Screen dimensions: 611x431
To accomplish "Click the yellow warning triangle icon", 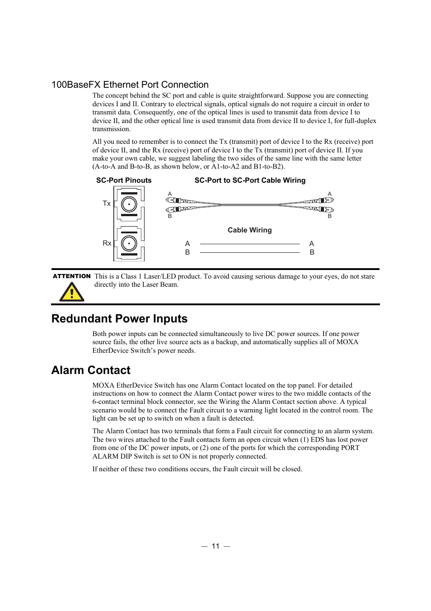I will click(72, 292).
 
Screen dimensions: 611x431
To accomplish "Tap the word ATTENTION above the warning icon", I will click(72, 276).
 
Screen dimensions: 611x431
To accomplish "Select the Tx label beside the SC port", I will click(107, 204).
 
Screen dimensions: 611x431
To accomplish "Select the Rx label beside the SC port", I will click(107, 243).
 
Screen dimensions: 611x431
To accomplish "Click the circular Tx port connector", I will click(129, 204).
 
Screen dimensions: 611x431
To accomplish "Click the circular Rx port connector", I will click(129, 243).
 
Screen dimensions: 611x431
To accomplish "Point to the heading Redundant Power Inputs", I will click(119, 319).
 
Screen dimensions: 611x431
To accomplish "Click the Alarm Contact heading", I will click(91, 370).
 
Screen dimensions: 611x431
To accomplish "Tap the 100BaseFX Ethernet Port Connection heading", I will click(130, 85).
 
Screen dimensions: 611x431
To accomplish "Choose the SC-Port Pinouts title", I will click(124, 180).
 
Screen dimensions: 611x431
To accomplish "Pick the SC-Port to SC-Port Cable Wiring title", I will click(250, 180).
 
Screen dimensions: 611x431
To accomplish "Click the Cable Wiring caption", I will click(249, 230).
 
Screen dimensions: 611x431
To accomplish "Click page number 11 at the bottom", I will click(215, 546).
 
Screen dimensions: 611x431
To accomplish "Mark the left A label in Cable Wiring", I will click(187, 244).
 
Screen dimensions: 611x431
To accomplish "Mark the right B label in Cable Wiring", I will click(312, 252).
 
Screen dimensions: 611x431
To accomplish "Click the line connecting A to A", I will click(249, 244).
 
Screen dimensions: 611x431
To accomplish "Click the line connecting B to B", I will click(249, 252).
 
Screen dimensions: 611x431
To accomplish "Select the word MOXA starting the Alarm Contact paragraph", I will click(103, 385).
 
